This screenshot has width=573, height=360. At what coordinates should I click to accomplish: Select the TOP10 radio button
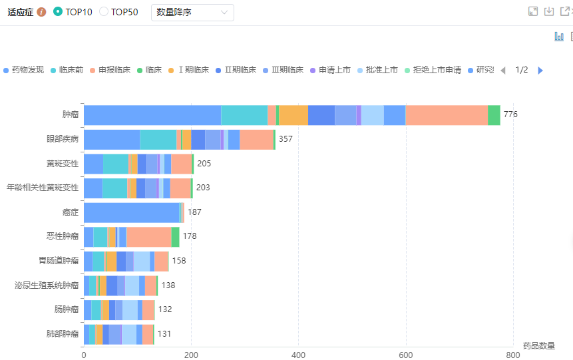57,12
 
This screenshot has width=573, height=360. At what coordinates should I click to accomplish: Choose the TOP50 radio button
104,12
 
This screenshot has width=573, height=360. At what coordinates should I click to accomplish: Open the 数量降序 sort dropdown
192,12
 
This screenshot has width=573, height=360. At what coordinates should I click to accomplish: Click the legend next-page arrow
540,70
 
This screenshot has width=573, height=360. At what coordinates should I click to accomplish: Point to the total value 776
510,114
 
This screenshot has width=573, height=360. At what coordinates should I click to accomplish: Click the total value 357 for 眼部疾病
286,139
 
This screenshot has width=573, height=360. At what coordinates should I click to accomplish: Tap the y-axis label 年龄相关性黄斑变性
43,188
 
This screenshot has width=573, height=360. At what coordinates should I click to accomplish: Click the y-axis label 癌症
71,212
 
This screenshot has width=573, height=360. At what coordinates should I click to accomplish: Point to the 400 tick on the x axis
298,355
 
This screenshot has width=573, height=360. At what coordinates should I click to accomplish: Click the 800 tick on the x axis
513,355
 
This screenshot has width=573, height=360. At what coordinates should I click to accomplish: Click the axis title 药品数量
538,345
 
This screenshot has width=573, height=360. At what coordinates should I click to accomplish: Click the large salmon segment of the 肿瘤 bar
447,114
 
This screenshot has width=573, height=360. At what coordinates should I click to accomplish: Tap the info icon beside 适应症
42,12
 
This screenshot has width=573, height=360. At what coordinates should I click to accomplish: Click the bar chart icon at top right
559,37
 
